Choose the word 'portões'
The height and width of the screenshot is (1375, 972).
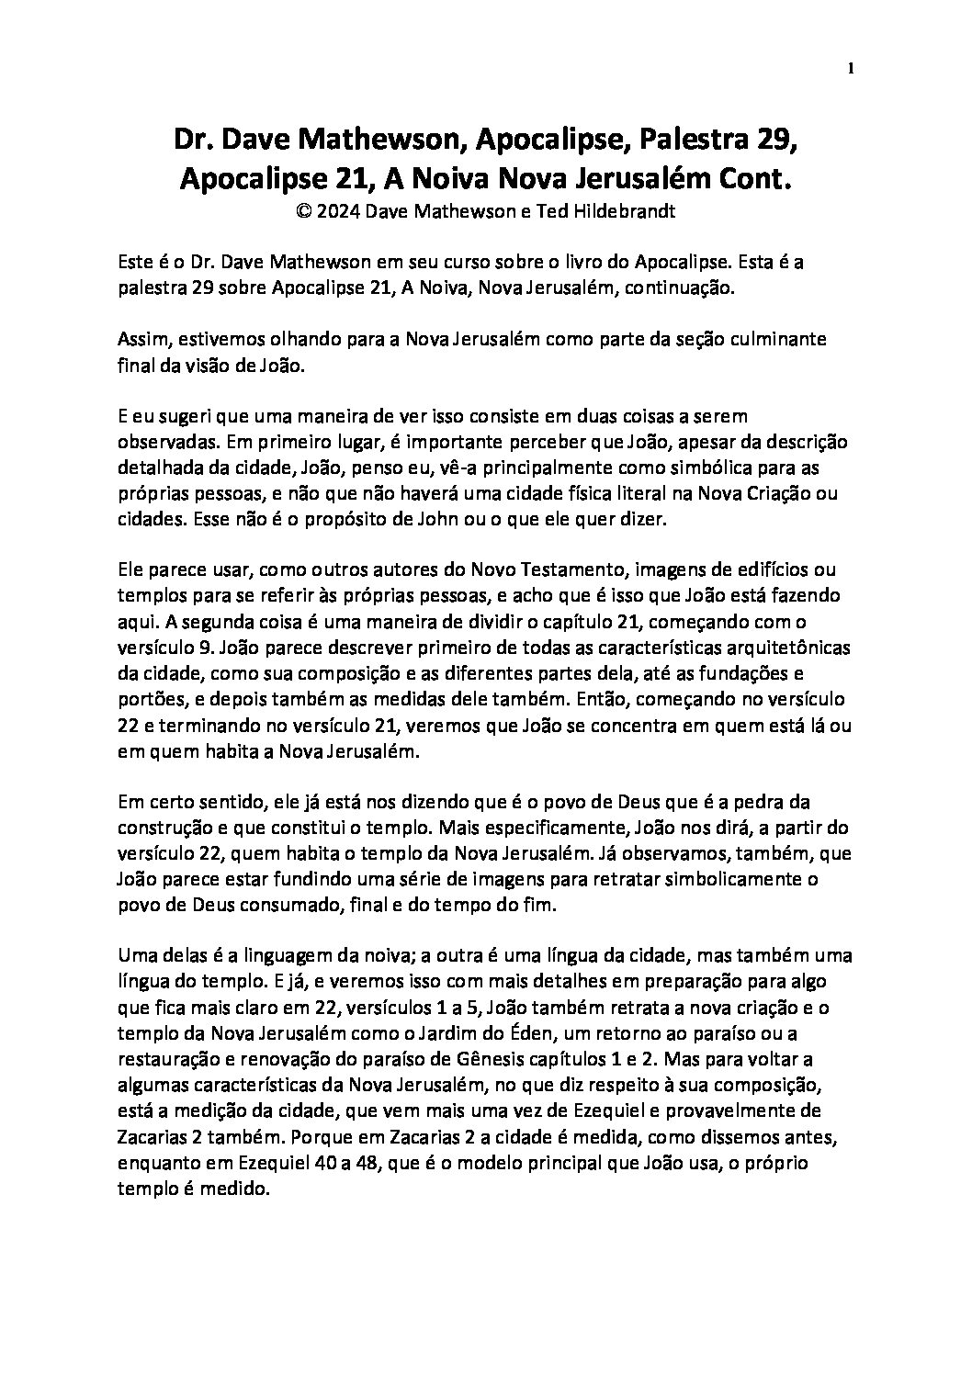click(149, 698)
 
